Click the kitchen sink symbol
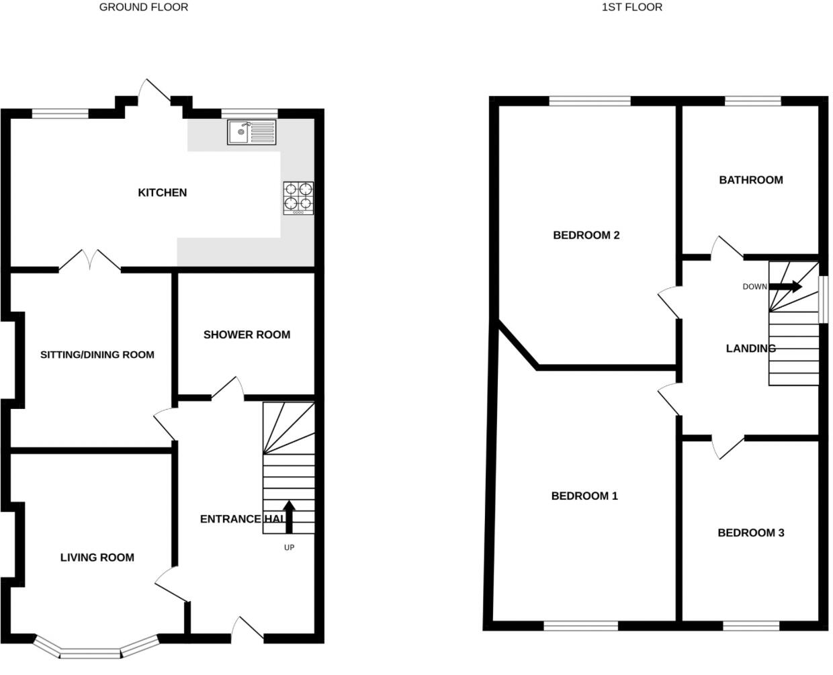(251, 132)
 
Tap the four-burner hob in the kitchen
(298, 198)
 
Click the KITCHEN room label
(162, 193)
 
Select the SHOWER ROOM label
(247, 334)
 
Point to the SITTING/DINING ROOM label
(97, 355)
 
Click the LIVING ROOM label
(97, 557)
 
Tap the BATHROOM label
(750, 180)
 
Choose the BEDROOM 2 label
(586, 235)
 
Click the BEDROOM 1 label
(584, 496)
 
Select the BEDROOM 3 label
(750, 533)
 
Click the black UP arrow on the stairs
(289, 516)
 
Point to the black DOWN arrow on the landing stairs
(785, 287)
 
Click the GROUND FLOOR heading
(144, 7)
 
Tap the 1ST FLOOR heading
(631, 7)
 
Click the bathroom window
(752, 101)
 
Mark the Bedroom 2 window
(590, 101)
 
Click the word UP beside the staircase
(289, 547)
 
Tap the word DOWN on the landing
(754, 287)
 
